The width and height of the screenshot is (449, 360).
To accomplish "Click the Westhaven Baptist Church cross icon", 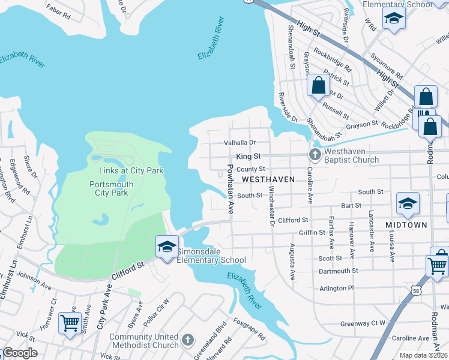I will (314, 155).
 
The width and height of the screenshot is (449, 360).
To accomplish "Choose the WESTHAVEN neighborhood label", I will (268, 179).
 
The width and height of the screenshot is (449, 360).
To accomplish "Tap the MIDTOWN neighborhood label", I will (406, 225).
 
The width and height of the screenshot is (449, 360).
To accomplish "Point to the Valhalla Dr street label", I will (240, 143).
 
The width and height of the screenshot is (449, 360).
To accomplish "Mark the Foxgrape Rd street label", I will (249, 328).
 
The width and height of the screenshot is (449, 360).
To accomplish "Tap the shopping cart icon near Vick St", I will (70, 323).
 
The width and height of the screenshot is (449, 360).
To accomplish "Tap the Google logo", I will (19, 353).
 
